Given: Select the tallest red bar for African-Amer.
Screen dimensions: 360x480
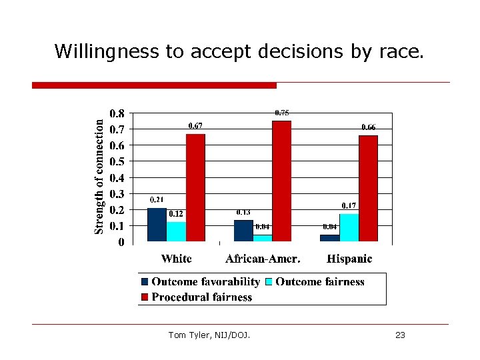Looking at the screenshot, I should tap(282, 181).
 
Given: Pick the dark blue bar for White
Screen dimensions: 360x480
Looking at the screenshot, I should tap(157, 225).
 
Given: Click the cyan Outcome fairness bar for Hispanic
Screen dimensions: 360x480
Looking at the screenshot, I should tap(349, 227).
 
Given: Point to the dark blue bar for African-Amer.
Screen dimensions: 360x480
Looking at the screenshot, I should tap(243, 231).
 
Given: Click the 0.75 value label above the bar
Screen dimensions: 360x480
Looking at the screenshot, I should tap(282, 113).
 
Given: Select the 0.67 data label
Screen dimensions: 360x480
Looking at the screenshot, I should tap(195, 125).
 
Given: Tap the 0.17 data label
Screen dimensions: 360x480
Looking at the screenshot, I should tap(349, 205).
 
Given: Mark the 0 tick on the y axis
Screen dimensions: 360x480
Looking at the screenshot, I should tap(121, 243).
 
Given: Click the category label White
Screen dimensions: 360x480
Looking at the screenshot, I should tap(176, 259).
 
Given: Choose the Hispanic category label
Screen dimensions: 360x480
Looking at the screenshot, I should tap(349, 259).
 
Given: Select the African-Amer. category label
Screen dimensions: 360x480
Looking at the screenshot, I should tap(263, 259).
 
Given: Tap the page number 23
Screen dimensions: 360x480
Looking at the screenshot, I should tap(400, 335).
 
